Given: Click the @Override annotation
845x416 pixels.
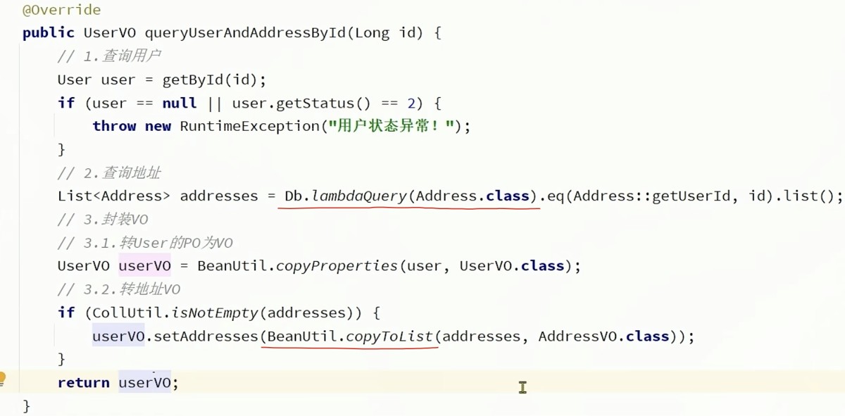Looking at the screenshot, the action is point(61,10).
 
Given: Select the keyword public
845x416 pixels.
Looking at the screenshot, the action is point(49,33).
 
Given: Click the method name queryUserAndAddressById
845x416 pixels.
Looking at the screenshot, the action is point(245,33).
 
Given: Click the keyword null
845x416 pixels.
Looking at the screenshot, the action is point(179,103).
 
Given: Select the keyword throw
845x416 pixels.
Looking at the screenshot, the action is point(114,126).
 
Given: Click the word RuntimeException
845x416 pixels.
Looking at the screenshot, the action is point(250,126).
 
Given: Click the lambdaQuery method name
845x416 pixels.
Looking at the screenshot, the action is point(359,196).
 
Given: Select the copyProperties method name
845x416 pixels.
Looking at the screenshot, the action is point(337,266).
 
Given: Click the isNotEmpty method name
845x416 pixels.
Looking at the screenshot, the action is point(215,313).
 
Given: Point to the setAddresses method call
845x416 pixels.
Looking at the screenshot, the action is point(206,336).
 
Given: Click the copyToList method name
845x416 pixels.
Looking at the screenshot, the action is point(389,336).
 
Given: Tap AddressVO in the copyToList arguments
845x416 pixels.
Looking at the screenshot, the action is point(577,336).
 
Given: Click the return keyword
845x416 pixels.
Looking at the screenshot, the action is point(83,383).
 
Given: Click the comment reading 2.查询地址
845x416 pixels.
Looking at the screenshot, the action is point(109,173).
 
